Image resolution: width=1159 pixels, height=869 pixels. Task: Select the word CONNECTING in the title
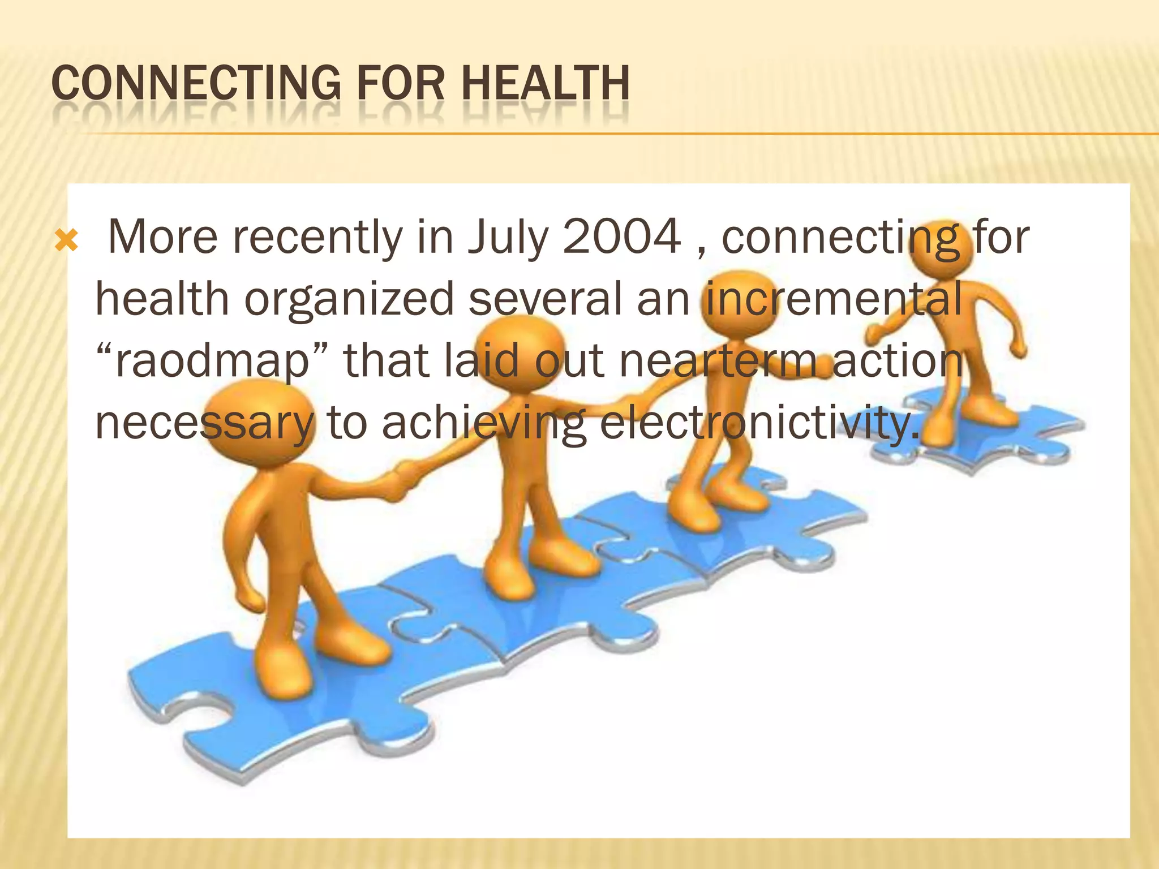click(196, 83)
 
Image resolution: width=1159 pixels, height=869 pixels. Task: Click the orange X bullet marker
click(67, 242)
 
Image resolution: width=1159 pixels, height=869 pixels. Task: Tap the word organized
click(349, 299)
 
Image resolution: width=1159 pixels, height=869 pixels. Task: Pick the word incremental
click(832, 298)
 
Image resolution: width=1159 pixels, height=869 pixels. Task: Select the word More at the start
click(163, 236)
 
